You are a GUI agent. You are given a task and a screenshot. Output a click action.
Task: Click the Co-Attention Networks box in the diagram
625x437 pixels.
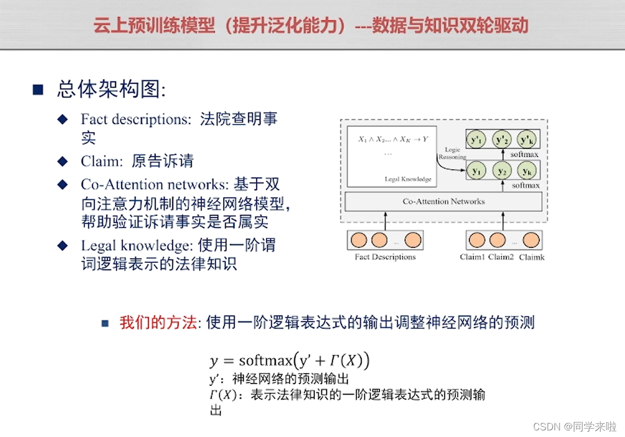coord(443,202)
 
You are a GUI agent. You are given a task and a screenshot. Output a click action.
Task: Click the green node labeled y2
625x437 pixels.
coord(502,171)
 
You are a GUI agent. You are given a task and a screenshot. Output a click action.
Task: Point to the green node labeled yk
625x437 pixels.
coord(527,171)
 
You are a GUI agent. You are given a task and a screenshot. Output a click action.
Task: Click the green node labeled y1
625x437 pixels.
coord(475,171)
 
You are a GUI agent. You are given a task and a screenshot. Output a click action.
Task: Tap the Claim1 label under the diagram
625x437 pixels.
coord(472,257)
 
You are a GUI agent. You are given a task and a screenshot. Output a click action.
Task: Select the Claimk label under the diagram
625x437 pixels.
coord(531,257)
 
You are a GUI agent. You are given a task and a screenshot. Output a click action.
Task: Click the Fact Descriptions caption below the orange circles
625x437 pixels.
coord(385,257)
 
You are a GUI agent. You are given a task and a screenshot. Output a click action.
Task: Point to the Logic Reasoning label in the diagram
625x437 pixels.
coord(452,153)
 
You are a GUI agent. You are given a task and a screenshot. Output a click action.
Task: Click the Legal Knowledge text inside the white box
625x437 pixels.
coord(408,179)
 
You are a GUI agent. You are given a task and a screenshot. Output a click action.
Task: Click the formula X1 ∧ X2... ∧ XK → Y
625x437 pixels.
coord(393,139)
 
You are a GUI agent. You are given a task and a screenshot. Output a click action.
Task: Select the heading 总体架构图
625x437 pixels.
coord(110,90)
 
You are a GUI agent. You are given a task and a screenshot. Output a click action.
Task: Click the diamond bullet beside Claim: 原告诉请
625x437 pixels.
coord(63,161)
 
